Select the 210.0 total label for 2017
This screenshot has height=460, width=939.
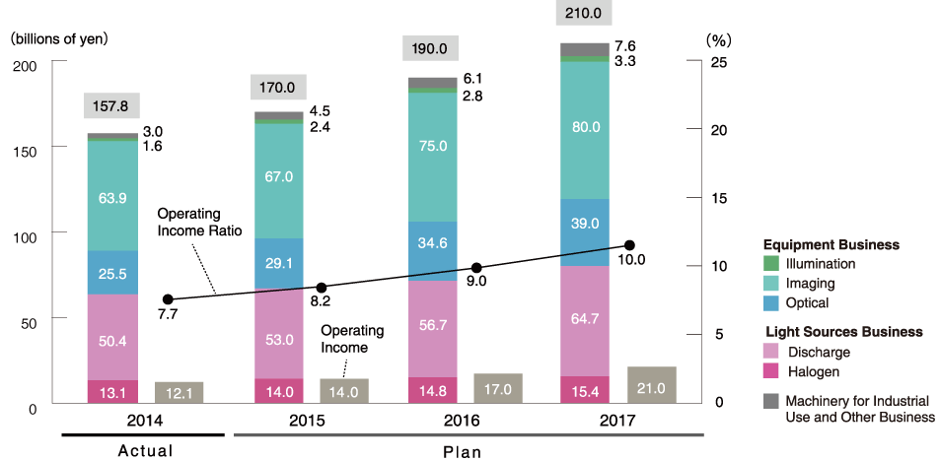pyautogui.click(x=585, y=14)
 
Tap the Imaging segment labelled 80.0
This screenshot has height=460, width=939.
pyautogui.click(x=585, y=127)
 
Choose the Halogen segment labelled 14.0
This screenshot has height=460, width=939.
pyautogui.click(x=279, y=391)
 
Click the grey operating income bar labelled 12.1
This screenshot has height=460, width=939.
pyautogui.click(x=179, y=392)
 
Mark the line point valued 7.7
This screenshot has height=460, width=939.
pyautogui.click(x=168, y=299)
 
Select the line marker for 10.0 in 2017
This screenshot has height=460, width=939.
pyautogui.click(x=630, y=245)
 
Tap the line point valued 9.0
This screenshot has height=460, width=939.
pyautogui.click(x=476, y=268)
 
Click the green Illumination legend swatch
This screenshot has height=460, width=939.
pyautogui.click(x=771, y=264)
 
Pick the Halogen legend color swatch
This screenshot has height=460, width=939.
pyautogui.click(x=771, y=371)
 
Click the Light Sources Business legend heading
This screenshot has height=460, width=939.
pyautogui.click(x=842, y=332)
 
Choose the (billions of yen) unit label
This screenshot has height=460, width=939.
pyautogui.click(x=58, y=39)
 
